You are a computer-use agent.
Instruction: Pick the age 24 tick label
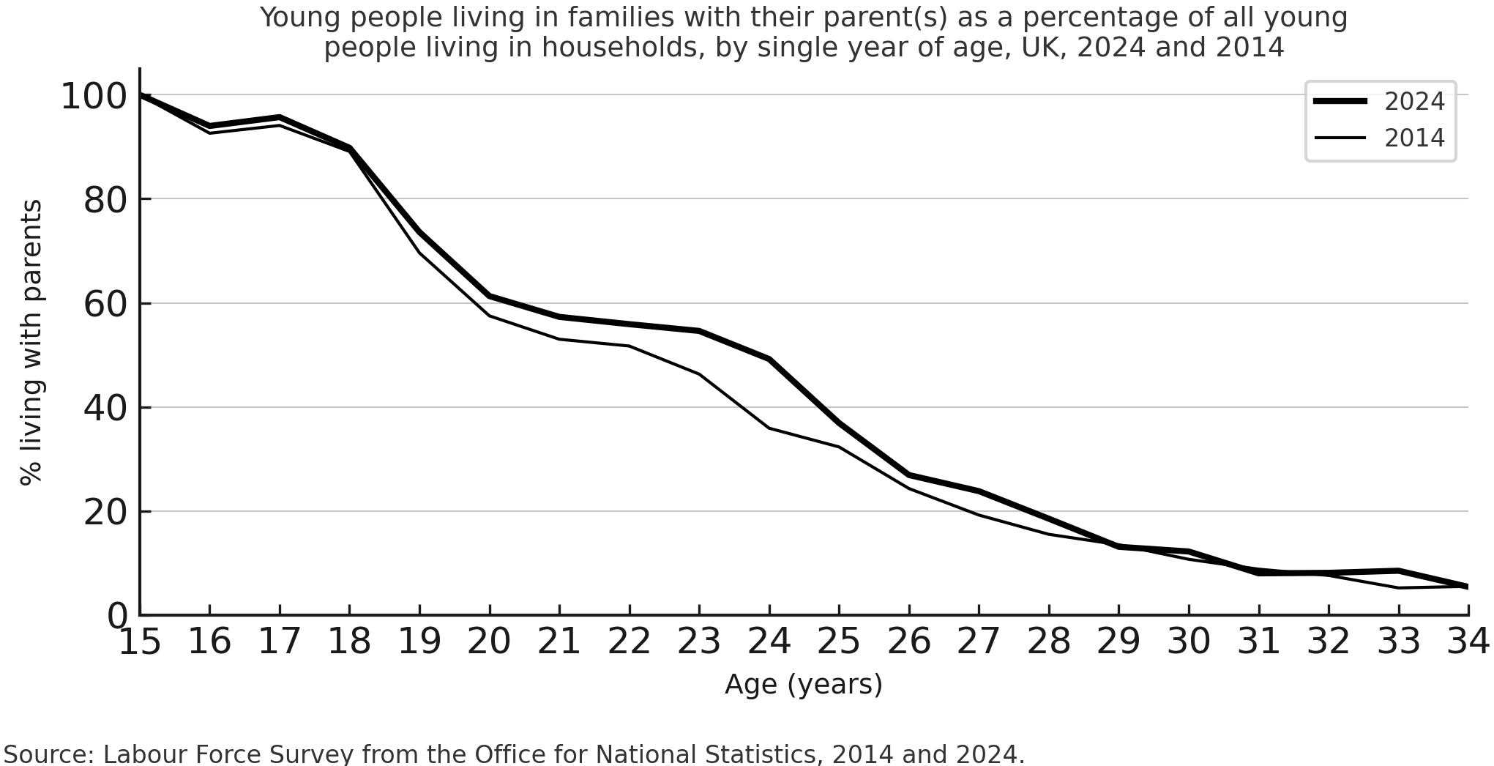[x=769, y=642]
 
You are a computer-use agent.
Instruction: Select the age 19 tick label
[x=419, y=642]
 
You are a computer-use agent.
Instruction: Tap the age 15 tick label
[x=139, y=642]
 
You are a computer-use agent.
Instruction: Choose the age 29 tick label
[x=1118, y=642]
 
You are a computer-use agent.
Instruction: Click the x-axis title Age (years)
[x=803, y=684]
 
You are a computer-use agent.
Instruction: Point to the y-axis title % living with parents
[x=31, y=342]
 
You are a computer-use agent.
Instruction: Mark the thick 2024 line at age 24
[x=769, y=359]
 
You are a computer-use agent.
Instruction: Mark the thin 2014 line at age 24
[x=769, y=428]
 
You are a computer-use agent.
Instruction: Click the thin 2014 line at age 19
[x=419, y=253]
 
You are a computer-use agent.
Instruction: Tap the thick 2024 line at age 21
[x=559, y=316]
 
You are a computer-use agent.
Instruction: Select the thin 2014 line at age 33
[x=1399, y=587]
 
